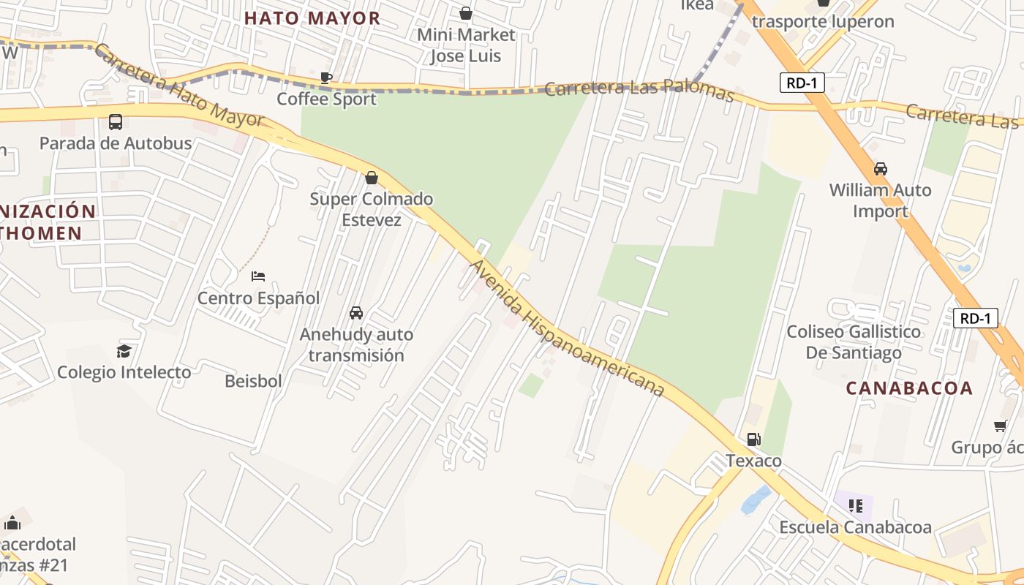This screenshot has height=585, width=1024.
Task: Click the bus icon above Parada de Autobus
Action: [x=116, y=122]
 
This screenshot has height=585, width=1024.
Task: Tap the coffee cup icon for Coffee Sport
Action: [x=326, y=78]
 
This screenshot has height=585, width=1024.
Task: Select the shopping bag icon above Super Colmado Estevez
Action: [x=372, y=178]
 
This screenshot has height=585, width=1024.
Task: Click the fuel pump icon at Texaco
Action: [x=753, y=439]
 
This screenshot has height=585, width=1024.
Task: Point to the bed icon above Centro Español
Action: [x=258, y=276]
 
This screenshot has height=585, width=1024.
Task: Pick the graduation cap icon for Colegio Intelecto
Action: [x=124, y=351]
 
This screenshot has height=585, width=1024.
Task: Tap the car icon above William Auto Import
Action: [x=881, y=169]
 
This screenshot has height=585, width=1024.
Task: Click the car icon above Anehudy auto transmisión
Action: [x=356, y=313]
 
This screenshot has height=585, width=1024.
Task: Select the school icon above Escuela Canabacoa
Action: [x=856, y=505]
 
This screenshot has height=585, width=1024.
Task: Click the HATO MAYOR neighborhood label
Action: [x=312, y=18]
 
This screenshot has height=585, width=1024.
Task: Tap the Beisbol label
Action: [x=253, y=381]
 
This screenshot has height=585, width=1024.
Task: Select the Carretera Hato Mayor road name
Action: [x=179, y=86]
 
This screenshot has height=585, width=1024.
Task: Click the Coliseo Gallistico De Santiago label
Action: [x=854, y=342]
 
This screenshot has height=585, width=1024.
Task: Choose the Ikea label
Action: [x=697, y=6]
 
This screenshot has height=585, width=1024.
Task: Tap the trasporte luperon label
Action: [x=823, y=21]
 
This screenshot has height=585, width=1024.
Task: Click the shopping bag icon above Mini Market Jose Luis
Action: [x=466, y=13]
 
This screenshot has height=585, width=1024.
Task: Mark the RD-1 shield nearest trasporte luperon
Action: [x=802, y=83]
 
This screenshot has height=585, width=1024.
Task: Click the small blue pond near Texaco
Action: [x=756, y=500]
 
